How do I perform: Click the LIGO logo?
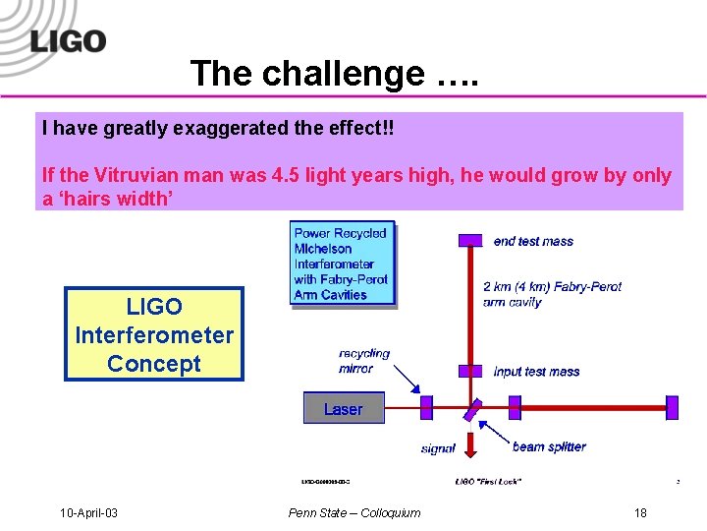point(67,40)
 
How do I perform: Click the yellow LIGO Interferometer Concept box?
point(154,334)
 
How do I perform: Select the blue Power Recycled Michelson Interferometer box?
point(343,264)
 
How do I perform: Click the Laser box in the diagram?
point(343,409)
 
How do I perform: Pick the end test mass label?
point(533,241)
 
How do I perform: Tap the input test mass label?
point(536,372)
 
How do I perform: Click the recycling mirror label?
point(364,361)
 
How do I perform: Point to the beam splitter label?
point(549,446)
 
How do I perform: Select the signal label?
point(438,448)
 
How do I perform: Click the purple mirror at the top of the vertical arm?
point(471,240)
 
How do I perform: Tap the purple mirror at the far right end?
point(672,407)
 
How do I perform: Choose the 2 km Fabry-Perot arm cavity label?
point(552,294)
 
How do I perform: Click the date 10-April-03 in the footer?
point(88,512)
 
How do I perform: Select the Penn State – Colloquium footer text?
point(353,512)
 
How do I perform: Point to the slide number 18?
point(640,512)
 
